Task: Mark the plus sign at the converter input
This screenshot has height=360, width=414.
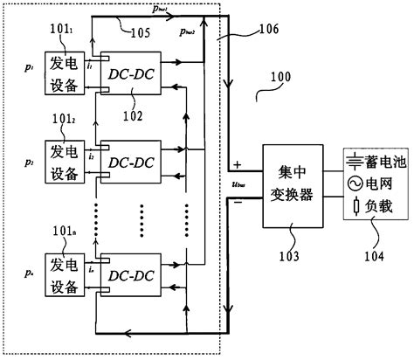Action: (x=237, y=163)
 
